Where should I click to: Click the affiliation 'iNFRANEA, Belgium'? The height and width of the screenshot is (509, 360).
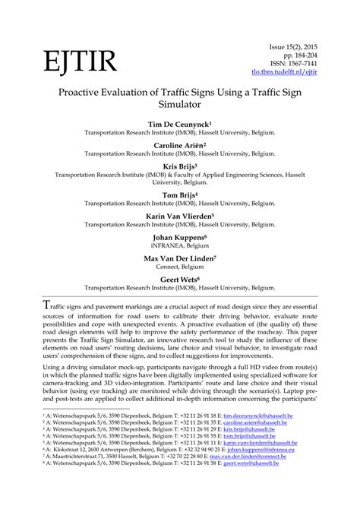(179, 246)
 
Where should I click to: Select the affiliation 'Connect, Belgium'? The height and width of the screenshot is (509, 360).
(179, 267)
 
